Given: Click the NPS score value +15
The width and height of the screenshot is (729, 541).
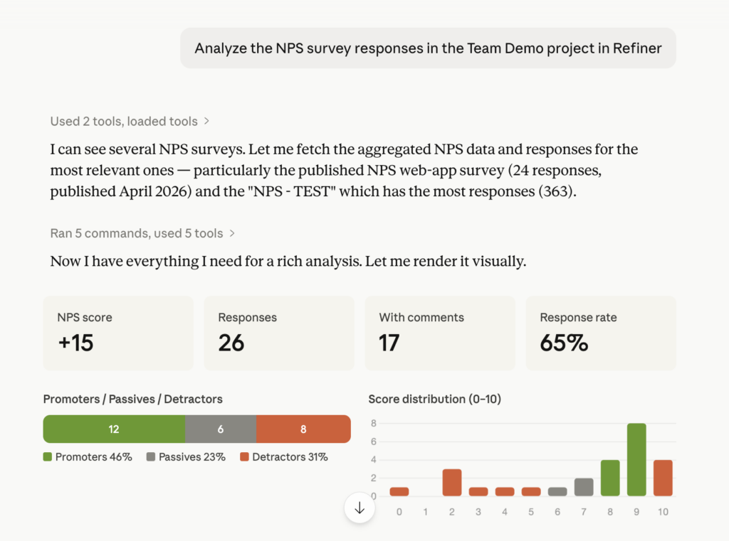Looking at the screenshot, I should coord(75,343).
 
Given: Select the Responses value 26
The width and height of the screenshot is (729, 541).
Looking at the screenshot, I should coord(231,343).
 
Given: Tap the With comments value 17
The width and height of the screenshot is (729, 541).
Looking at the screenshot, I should coord(389,343).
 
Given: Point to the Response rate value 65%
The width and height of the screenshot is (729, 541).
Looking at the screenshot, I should coord(564,343).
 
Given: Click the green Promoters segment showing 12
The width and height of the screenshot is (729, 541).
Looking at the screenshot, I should coord(114,429).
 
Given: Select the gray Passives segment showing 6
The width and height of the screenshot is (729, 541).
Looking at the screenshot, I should coord(220,429).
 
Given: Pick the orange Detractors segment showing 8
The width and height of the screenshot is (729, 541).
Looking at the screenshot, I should coord(303,429).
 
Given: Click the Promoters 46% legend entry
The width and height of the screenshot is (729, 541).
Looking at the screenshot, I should coord(88,457).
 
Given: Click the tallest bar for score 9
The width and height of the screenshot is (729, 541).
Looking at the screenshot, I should coord(636,460).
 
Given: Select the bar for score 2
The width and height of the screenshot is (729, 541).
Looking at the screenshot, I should coord(452,482).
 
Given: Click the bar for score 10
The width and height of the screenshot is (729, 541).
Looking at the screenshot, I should coord(663,478).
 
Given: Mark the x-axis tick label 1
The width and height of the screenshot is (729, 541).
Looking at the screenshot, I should coord(426,511).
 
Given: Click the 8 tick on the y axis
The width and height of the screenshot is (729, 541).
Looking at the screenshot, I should coord(373,424).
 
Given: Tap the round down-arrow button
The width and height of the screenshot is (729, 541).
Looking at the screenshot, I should coord(360,508).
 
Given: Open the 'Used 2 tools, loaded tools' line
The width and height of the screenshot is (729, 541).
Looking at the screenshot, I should coord(130,122).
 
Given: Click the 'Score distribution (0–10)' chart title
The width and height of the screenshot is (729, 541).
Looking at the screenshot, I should coord(434,400).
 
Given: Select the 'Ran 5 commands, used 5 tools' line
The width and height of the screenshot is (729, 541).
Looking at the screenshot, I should coord(142,233).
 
